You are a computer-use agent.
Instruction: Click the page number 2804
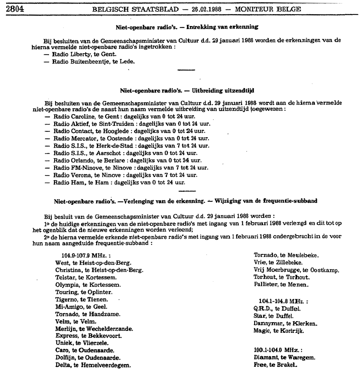click(15, 9)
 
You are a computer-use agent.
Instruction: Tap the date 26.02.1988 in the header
click(207, 9)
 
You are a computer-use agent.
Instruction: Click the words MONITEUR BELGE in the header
click(268, 9)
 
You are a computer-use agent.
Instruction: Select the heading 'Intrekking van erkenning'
click(222, 27)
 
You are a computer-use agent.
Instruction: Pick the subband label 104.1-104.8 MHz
click(283, 301)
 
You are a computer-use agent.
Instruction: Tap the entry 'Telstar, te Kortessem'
click(86, 278)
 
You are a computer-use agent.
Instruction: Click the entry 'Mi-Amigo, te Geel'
click(81, 307)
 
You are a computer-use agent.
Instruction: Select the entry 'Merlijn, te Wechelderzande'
click(94, 329)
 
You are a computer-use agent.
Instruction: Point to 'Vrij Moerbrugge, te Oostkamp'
click(296, 270)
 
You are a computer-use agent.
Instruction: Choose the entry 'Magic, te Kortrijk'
click(279, 331)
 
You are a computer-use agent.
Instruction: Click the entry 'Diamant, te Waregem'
click(284, 358)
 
